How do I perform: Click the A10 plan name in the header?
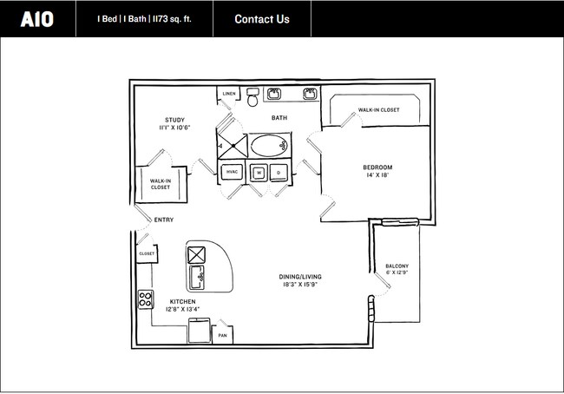pyautogui.click(x=36, y=19)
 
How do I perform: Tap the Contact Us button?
pyautogui.click(x=262, y=19)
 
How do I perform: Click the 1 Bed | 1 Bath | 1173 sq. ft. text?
pyautogui.click(x=144, y=19)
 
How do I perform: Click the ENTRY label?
pyautogui.click(x=163, y=220)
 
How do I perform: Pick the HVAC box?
pyautogui.click(x=233, y=172)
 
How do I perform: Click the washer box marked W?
pyautogui.click(x=259, y=172)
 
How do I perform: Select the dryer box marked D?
pyautogui.click(x=279, y=172)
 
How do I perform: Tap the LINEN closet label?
pyautogui.click(x=229, y=94)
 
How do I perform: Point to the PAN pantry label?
pyautogui.click(x=223, y=335)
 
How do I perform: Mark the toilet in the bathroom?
pyautogui.click(x=252, y=97)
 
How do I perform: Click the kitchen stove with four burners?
pyautogui.click(x=145, y=300)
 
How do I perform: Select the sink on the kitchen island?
pyautogui.click(x=198, y=279)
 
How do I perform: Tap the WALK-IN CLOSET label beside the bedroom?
pyautogui.click(x=378, y=110)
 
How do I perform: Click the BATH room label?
pyautogui.click(x=279, y=118)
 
